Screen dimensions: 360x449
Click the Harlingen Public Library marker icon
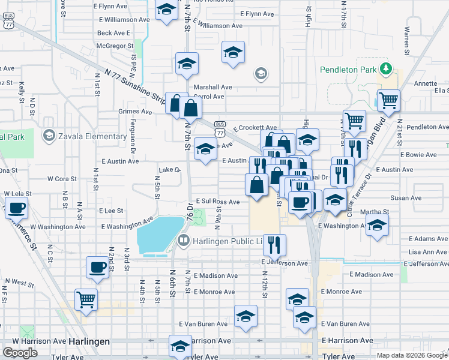point(184,241)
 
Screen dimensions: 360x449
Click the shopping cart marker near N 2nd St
point(86,298)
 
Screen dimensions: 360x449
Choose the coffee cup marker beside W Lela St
point(16,208)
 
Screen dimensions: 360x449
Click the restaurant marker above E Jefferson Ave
point(274,244)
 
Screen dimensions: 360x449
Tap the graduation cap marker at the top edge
point(166,10)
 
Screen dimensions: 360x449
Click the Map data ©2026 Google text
point(411,355)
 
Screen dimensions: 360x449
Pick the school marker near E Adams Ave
point(377,225)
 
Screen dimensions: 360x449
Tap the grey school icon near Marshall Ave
point(261,74)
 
